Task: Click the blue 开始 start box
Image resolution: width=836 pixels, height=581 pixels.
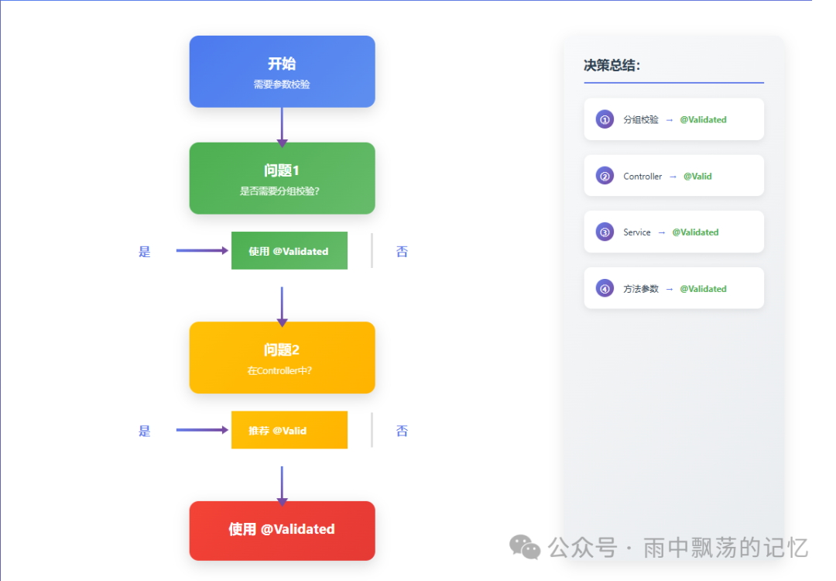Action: (282, 71)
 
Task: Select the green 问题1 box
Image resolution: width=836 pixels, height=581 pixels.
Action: (282, 178)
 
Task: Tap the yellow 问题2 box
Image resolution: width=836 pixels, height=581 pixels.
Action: (282, 357)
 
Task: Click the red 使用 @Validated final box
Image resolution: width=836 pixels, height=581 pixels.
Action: (282, 530)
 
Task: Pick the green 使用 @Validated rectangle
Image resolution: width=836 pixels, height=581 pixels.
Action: (289, 251)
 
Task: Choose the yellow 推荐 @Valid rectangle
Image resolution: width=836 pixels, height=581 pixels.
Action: (289, 431)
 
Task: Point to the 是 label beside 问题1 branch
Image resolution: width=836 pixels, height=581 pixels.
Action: (145, 251)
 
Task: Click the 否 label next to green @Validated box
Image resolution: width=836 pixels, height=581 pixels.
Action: (402, 251)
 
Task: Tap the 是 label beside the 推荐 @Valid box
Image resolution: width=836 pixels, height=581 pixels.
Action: (145, 431)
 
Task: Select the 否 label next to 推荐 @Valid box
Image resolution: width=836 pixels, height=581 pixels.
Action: (402, 431)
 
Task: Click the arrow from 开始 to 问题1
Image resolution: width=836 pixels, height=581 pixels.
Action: (282, 125)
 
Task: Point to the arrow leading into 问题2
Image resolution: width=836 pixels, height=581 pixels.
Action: (282, 305)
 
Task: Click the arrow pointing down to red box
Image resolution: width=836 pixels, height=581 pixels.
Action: (282, 485)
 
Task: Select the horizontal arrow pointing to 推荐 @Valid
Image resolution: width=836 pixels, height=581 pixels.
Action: (202, 430)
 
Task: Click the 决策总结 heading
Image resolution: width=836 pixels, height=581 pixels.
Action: (612, 66)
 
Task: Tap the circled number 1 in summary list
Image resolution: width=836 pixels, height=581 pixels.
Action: (605, 120)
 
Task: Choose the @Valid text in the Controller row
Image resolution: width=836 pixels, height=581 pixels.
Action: (697, 177)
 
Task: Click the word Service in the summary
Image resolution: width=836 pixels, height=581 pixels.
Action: (637, 232)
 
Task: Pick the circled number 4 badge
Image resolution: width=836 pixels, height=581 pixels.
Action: (605, 289)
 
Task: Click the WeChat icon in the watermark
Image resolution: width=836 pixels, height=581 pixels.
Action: (525, 547)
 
